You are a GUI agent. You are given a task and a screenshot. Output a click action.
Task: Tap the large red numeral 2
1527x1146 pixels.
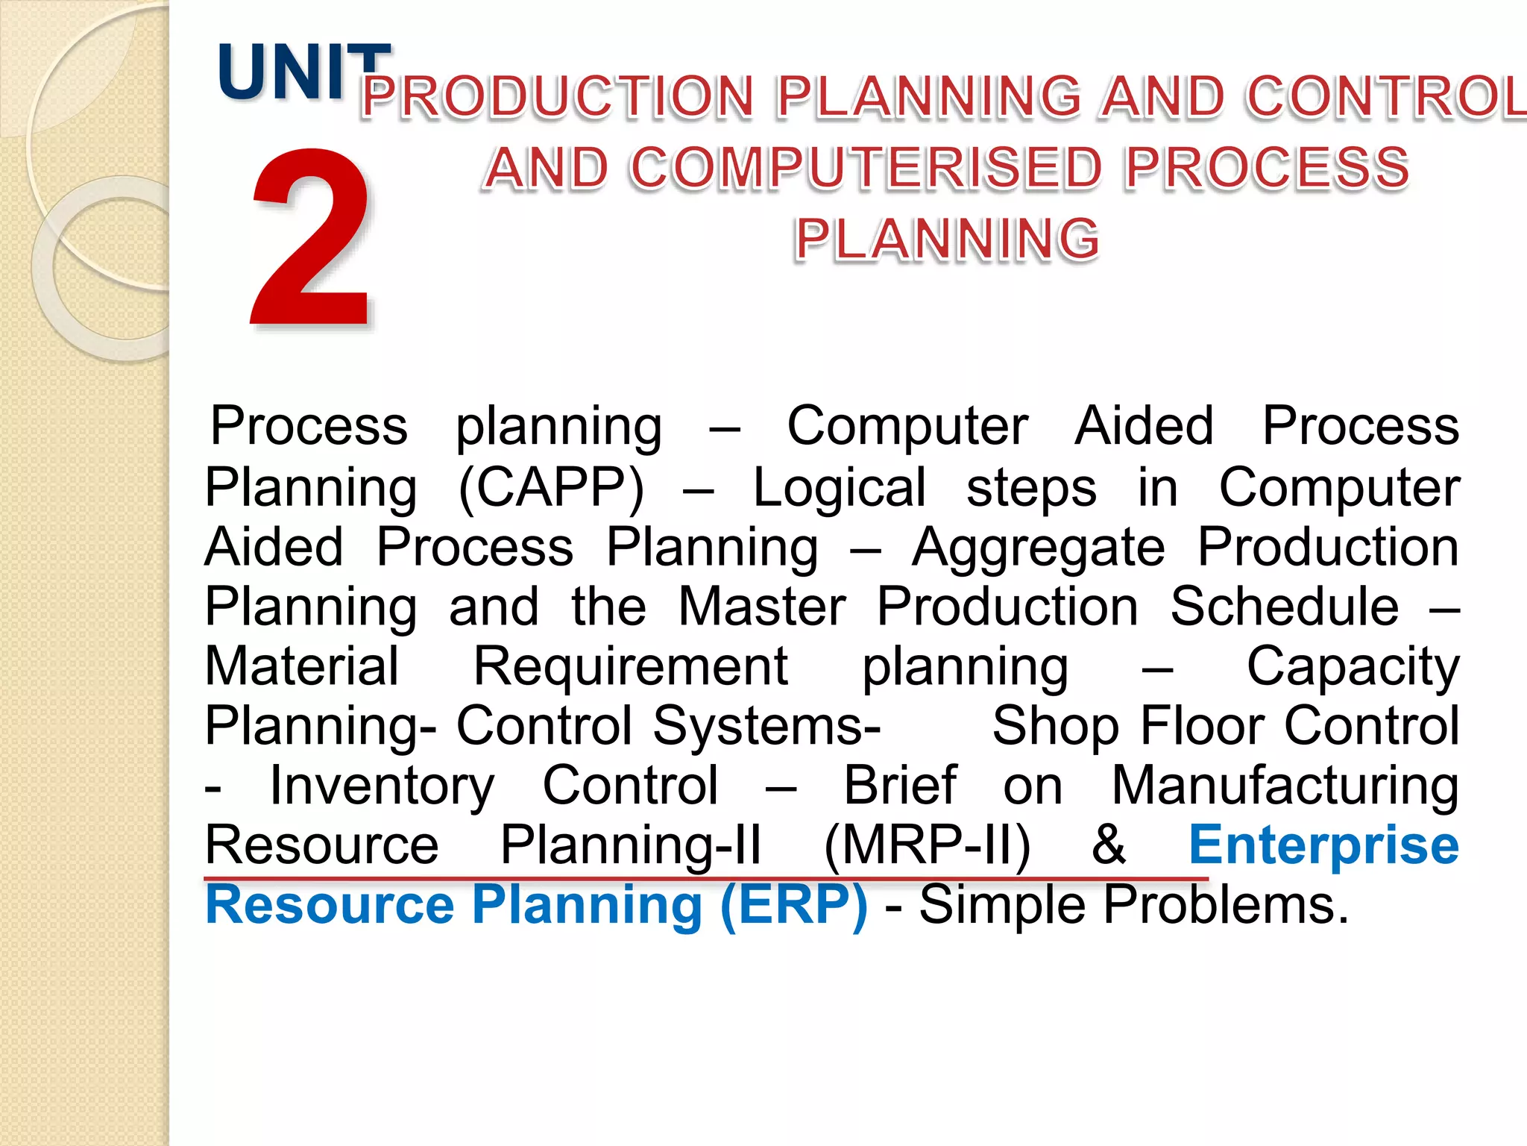pyautogui.click(x=310, y=237)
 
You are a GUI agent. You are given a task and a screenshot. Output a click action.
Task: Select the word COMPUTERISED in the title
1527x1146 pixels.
pyautogui.click(x=865, y=167)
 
